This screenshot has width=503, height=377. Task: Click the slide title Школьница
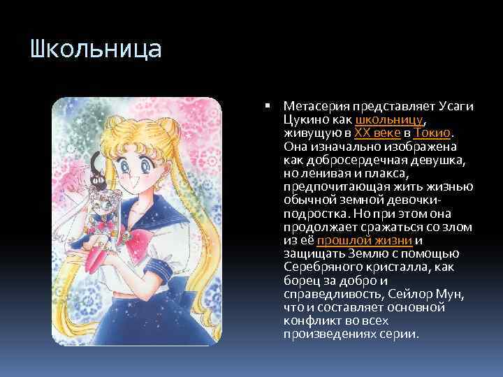(x=96, y=50)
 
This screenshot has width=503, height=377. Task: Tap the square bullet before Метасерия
(x=268, y=106)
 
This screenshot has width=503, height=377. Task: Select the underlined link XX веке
(x=377, y=133)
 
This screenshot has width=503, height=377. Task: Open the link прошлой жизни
(x=363, y=240)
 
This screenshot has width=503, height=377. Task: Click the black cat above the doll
(x=97, y=170)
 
